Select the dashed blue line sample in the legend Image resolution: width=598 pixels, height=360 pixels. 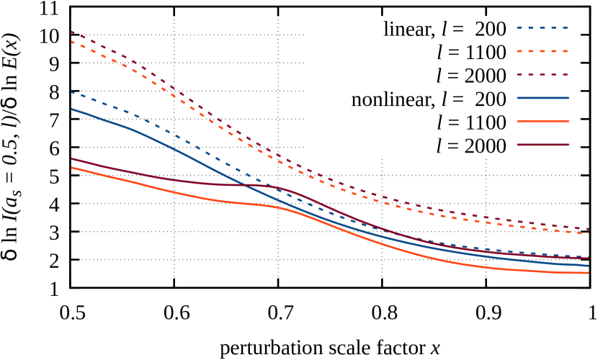543,28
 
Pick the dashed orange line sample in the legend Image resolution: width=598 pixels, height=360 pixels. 543,51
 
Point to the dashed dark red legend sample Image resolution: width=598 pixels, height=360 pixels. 543,74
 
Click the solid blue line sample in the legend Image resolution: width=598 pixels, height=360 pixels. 543,98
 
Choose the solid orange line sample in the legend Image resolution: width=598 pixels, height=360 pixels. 543,121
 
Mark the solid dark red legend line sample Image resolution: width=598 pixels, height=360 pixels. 543,145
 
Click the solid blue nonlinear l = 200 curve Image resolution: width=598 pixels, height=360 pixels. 180,150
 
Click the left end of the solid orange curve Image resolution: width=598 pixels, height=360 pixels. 72,168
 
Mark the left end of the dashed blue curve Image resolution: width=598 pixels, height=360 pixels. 72,92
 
